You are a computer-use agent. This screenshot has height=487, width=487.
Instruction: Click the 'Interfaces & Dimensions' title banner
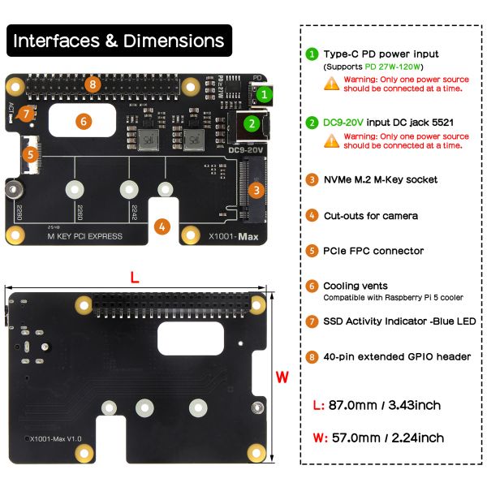pyautogui.click(x=119, y=41)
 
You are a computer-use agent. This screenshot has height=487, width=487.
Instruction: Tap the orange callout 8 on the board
pyautogui.click(x=93, y=84)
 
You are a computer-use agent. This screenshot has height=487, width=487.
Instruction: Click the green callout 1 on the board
pyautogui.click(x=261, y=93)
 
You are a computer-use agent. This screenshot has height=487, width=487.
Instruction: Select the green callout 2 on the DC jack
pyautogui.click(x=252, y=123)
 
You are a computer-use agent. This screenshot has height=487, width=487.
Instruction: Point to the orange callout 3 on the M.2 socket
pyautogui.click(x=256, y=191)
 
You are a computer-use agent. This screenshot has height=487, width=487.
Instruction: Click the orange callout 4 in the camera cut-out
pyautogui.click(x=162, y=226)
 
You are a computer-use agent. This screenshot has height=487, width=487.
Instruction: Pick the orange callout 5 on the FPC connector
pyautogui.click(x=28, y=153)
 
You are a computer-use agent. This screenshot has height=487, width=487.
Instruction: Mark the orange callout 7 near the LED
pyautogui.click(x=27, y=114)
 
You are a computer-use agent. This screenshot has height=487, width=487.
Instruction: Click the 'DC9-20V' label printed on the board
pyautogui.click(x=244, y=149)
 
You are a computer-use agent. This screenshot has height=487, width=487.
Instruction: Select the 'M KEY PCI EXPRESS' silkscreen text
pyautogui.click(x=84, y=236)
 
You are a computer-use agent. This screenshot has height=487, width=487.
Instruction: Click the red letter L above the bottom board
pyautogui.click(x=135, y=276)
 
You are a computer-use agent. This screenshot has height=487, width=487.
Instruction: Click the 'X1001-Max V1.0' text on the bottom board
pyautogui.click(x=55, y=438)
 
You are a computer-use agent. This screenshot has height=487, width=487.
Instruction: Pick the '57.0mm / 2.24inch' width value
pyautogui.click(x=388, y=437)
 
